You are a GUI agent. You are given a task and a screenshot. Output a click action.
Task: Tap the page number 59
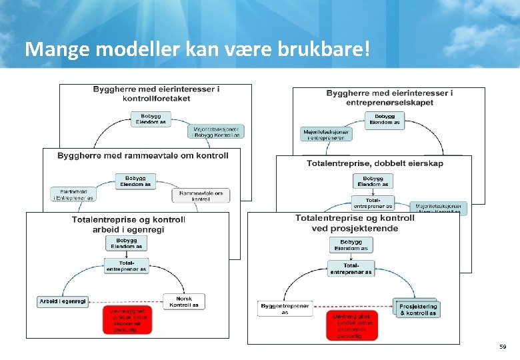(x=502, y=347)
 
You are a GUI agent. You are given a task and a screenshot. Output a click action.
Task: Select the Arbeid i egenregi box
(x=63, y=301)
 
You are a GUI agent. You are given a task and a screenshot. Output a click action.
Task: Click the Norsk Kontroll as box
(x=184, y=301)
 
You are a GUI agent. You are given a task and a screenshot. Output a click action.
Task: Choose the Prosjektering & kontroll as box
(x=417, y=309)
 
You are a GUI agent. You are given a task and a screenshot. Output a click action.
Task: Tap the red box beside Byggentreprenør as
(x=351, y=325)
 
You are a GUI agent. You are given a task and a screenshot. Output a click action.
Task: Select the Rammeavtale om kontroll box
(x=201, y=195)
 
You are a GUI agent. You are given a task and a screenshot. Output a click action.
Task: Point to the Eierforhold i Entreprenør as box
(x=74, y=194)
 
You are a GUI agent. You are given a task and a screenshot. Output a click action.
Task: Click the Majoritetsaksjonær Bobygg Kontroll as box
(x=217, y=131)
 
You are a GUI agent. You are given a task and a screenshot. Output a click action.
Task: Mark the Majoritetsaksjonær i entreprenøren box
(x=327, y=134)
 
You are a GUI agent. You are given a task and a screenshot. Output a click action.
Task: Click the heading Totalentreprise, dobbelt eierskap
(x=375, y=163)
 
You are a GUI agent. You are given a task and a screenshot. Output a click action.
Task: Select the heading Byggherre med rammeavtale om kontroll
(x=143, y=155)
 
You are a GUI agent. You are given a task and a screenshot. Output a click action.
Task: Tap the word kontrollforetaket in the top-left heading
(x=157, y=98)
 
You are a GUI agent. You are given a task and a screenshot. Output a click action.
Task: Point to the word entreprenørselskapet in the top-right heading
(x=390, y=102)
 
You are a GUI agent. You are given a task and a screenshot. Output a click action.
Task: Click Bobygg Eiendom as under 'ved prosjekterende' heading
(x=351, y=245)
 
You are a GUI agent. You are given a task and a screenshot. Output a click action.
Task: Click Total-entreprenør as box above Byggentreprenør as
(x=351, y=269)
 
